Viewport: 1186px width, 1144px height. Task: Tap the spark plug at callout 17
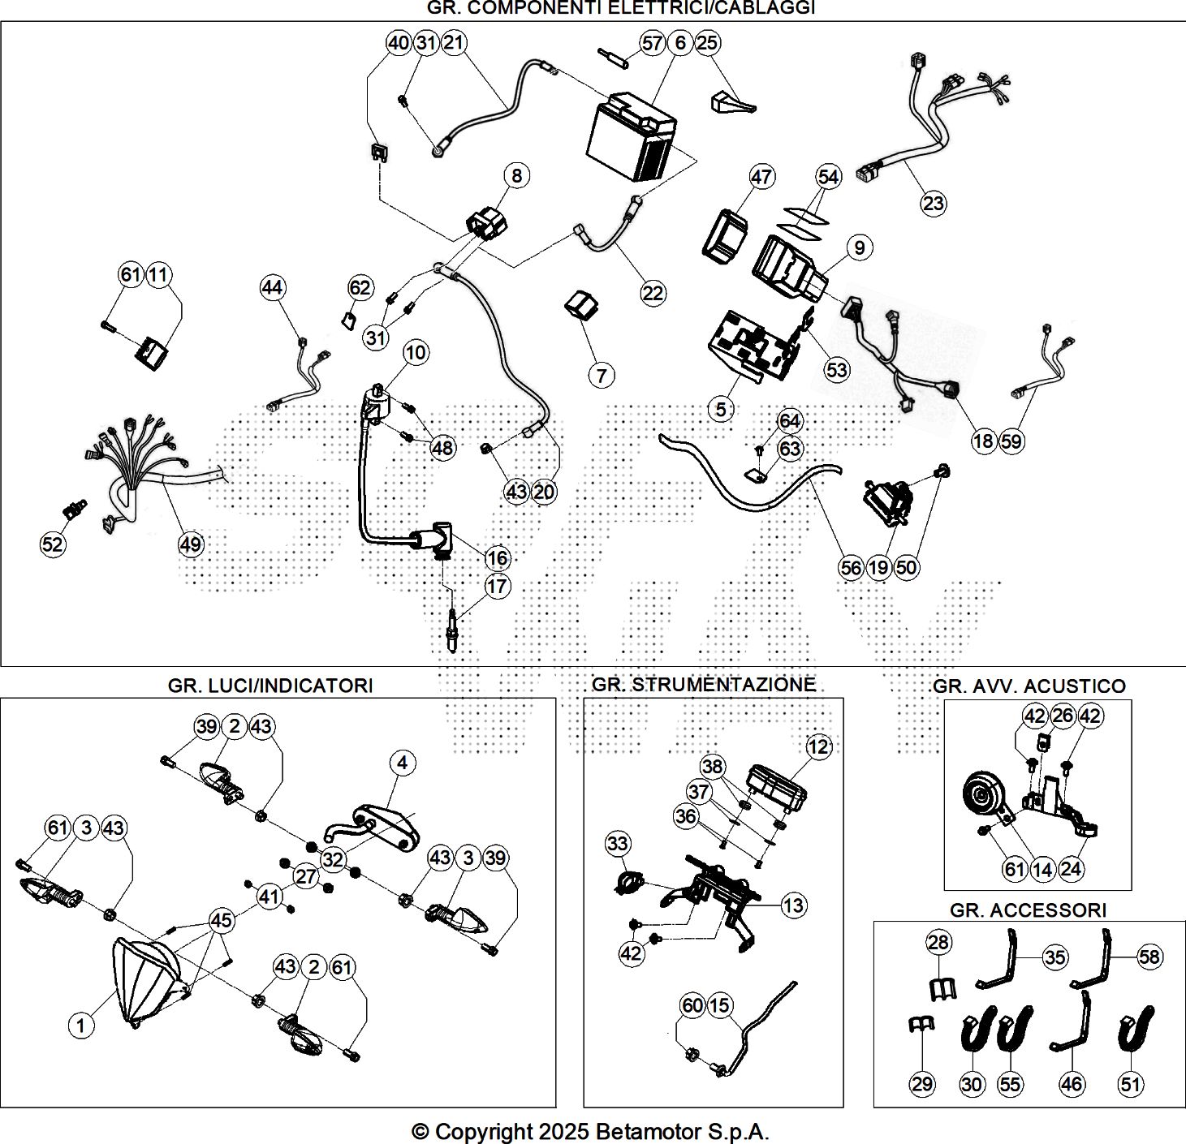click(x=453, y=631)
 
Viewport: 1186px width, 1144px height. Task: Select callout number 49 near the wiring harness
click(x=191, y=544)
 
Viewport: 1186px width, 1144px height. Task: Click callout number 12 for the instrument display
click(x=818, y=746)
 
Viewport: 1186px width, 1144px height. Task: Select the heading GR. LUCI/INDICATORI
click(x=270, y=686)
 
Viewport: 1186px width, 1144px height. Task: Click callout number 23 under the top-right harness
click(x=934, y=203)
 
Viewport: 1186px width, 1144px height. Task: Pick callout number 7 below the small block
click(x=602, y=376)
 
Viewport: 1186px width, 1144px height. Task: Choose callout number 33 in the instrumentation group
click(x=618, y=844)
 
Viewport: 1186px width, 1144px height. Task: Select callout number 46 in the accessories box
click(x=1072, y=1083)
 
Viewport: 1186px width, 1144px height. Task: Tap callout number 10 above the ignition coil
click(x=415, y=353)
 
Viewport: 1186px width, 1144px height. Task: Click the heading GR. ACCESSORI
click(x=1028, y=910)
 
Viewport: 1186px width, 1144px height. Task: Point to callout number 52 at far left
click(x=53, y=544)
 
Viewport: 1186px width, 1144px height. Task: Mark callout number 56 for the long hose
click(x=851, y=568)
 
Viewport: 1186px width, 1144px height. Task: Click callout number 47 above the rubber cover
click(x=761, y=177)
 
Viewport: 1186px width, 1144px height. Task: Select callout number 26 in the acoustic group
click(x=1063, y=715)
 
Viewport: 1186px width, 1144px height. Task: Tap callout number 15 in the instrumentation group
click(x=720, y=1006)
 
